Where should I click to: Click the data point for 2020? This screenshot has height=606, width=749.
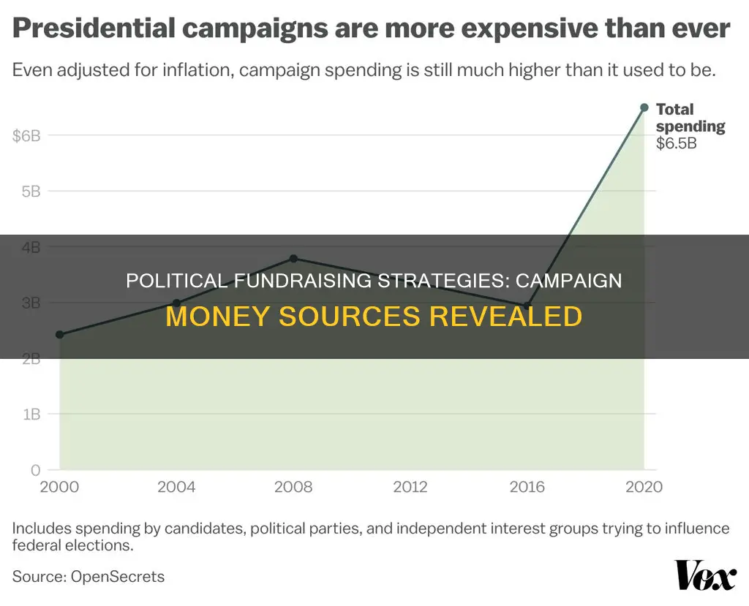[x=644, y=107]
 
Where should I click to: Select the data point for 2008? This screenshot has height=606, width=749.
[x=293, y=258]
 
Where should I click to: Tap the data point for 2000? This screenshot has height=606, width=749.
[x=59, y=335]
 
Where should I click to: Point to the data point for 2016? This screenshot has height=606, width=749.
[x=527, y=306]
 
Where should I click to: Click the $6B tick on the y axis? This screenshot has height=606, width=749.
[x=26, y=135]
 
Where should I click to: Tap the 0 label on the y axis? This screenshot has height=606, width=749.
[x=35, y=469]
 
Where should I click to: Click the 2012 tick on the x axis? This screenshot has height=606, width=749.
[x=410, y=487]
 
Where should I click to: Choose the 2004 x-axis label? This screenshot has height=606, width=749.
[x=176, y=487]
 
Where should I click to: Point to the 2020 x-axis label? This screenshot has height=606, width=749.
[x=644, y=487]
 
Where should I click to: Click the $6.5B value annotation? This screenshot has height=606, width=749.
[x=676, y=143]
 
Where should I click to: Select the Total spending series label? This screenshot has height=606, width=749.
[x=690, y=118]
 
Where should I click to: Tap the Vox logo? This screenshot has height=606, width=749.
[x=704, y=576]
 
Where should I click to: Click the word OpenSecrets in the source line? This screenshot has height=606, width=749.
[x=117, y=576]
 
